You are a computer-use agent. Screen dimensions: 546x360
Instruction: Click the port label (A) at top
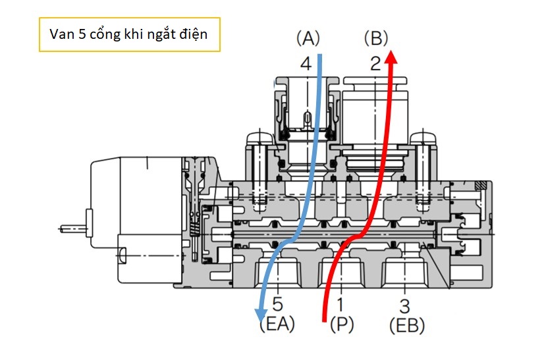click(x=308, y=38)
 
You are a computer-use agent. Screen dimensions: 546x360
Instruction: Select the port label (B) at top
click(x=375, y=38)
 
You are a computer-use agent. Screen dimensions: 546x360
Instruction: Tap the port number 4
click(x=306, y=64)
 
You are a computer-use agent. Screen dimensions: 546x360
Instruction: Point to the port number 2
click(x=375, y=64)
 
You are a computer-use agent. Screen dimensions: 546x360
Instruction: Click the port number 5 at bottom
click(x=277, y=304)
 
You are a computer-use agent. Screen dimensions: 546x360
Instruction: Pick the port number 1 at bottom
click(x=341, y=304)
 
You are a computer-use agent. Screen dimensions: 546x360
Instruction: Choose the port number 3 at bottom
click(x=404, y=306)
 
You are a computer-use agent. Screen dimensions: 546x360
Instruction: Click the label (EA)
click(x=277, y=324)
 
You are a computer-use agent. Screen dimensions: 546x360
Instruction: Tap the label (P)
click(x=342, y=324)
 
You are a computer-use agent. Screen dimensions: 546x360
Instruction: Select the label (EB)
click(x=407, y=326)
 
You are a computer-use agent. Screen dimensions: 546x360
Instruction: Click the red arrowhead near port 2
click(x=391, y=57)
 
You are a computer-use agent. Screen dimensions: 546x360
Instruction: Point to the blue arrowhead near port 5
click(x=260, y=315)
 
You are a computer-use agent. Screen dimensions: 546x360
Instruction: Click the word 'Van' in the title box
click(x=61, y=34)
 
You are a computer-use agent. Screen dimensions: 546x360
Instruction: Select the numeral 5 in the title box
click(x=82, y=34)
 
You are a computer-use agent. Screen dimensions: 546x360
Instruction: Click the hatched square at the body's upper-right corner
click(x=481, y=186)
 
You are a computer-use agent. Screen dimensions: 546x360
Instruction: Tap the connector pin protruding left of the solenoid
click(x=72, y=228)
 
